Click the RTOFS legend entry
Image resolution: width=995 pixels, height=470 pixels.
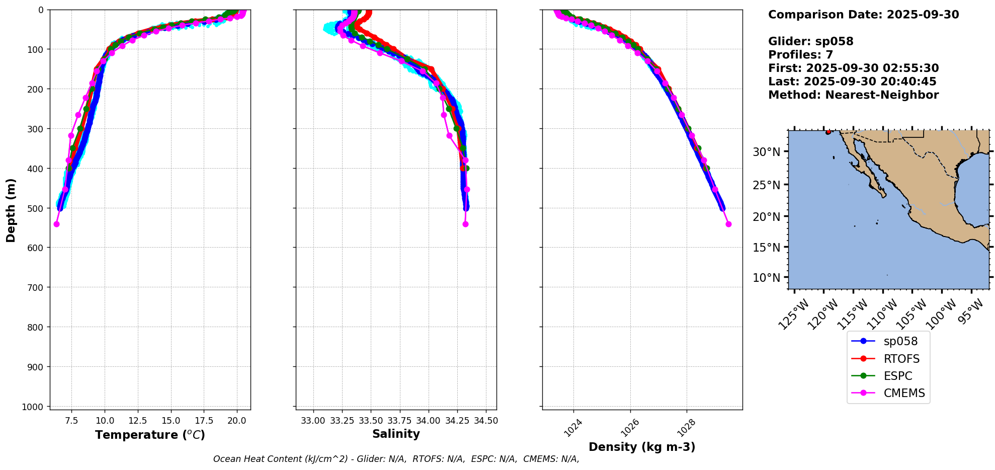pyautogui.click(x=901, y=359)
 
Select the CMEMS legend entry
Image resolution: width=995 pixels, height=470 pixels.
pyautogui.click(x=904, y=393)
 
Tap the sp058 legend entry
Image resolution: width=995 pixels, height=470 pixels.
pyautogui.click(x=900, y=341)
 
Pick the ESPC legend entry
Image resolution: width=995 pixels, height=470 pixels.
pyautogui.click(x=897, y=376)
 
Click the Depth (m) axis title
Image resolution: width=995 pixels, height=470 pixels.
pyautogui.click(x=11, y=210)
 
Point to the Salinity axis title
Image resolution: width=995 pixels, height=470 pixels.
pyautogui.click(x=396, y=434)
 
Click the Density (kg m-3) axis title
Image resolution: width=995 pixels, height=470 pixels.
pyautogui.click(x=642, y=447)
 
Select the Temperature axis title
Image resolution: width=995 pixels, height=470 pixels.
pyautogui.click(x=150, y=435)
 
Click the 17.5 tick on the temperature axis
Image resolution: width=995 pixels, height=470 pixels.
pyautogui.click(x=204, y=420)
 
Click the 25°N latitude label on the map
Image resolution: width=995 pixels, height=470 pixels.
pyautogui.click(x=767, y=185)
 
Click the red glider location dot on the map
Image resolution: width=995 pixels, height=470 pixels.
pyautogui.click(x=828, y=132)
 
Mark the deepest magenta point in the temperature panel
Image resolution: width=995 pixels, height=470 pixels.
pyautogui.click(x=56, y=224)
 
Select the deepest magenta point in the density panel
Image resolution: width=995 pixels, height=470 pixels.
pyautogui.click(x=728, y=224)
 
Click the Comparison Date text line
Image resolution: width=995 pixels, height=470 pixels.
pyautogui.click(x=863, y=15)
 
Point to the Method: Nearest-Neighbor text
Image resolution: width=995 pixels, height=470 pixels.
pyautogui.click(x=853, y=95)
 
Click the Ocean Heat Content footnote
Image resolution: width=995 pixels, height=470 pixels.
pyautogui.click(x=396, y=459)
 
